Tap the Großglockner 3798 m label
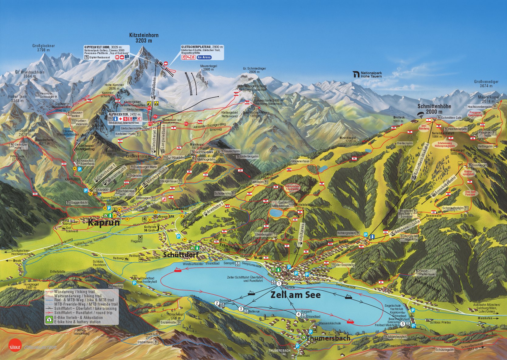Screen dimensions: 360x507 pyautogui.click(x=43, y=48)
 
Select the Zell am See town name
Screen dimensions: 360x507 pyautogui.click(x=295, y=295)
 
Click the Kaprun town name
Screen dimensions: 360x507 pyautogui.click(x=104, y=223)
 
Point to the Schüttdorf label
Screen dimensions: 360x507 pyautogui.click(x=180, y=255)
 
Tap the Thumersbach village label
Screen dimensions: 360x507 pyautogui.click(x=328, y=338)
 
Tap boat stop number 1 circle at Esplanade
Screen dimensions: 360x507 pyautogui.click(x=279, y=283)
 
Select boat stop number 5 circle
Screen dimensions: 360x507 pyautogui.click(x=403, y=324)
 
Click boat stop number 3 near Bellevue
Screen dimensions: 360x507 pyautogui.click(x=241, y=309)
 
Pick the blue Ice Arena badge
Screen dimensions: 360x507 pyautogui.click(x=204, y=57)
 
